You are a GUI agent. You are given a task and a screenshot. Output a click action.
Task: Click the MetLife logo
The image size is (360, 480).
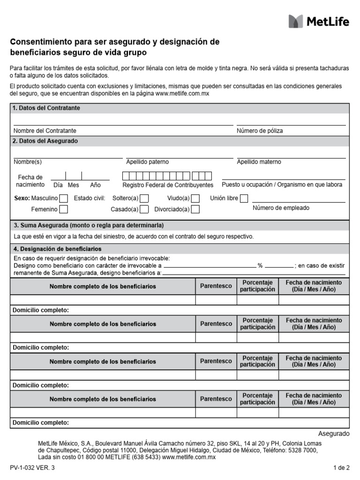pyautogui.click(x=319, y=21)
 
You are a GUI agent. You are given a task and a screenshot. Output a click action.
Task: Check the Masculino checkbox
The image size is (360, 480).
pyautogui.click(x=64, y=198)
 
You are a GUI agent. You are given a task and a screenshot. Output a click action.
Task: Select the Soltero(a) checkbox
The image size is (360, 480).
pyautogui.click(x=145, y=198)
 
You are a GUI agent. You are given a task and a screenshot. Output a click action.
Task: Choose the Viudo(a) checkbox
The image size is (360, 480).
pyautogui.click(x=195, y=198)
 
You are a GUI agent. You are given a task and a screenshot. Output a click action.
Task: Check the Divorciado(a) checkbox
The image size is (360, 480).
pyautogui.click(x=195, y=209)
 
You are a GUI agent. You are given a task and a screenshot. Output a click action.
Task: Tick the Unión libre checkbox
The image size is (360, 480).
pyautogui.click(x=244, y=198)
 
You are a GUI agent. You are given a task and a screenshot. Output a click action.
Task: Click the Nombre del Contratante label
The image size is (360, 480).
pyautogui.click(x=45, y=131)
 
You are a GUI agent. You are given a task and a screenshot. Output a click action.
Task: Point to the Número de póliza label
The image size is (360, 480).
pyautogui.click(x=260, y=131)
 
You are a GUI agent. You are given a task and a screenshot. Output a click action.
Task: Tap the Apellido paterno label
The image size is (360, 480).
pyautogui.click(x=148, y=162)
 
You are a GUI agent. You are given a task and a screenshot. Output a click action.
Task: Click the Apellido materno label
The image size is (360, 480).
pyautogui.click(x=259, y=162)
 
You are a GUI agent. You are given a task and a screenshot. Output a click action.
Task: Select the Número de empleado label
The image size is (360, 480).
pyautogui.click(x=281, y=208)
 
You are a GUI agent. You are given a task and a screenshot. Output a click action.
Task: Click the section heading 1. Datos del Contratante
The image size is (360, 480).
pyautogui.click(x=46, y=108)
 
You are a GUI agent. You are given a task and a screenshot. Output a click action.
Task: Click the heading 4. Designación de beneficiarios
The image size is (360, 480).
pyautogui.click(x=57, y=249)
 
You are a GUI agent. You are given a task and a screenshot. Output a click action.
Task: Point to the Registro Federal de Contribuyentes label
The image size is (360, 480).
pyautogui.click(x=168, y=185)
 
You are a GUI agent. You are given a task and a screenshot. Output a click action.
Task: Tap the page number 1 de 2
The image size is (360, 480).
pyautogui.click(x=341, y=467)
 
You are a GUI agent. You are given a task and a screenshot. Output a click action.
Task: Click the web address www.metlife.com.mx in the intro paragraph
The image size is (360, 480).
pyautogui.click(x=182, y=94)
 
